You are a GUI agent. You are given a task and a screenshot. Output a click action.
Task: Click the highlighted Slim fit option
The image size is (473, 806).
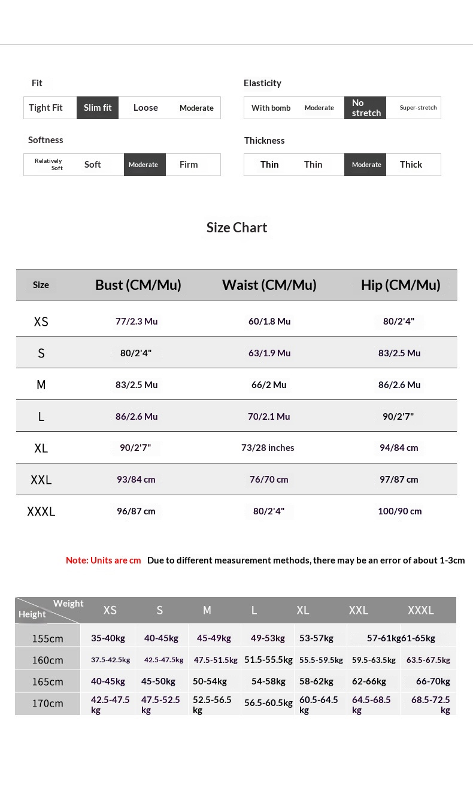[x=98, y=108]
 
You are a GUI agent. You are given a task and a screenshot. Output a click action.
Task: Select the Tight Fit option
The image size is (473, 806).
[x=46, y=108]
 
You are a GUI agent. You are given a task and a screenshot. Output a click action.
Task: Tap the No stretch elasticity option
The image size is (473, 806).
[x=365, y=108]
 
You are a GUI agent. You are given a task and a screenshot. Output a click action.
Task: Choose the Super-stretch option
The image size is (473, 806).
[x=418, y=108]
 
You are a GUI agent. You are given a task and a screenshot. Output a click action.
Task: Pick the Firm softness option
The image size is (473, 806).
[x=189, y=165]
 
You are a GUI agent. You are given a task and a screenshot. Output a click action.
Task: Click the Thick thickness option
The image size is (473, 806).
[x=411, y=165]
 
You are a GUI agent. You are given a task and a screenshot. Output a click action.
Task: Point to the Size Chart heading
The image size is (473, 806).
[x=236, y=228]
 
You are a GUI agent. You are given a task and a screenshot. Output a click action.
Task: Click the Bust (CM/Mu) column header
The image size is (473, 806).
[x=138, y=285]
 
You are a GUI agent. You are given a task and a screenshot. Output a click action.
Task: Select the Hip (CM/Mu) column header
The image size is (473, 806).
[x=401, y=285]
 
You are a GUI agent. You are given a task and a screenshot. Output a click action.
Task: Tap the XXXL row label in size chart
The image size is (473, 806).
[x=41, y=511]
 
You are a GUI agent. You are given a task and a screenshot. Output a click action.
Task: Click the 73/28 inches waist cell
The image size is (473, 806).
[x=268, y=448]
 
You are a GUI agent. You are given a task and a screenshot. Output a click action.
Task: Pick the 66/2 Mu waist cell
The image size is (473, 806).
[x=269, y=384]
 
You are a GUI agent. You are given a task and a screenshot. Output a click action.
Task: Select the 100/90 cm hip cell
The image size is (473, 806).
[x=399, y=511]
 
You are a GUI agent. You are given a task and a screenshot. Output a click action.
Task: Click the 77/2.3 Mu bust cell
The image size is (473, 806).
[x=137, y=322]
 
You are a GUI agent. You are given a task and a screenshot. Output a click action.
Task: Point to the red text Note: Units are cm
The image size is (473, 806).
[x=104, y=560]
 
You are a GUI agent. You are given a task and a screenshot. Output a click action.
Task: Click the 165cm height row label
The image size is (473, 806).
[x=47, y=681]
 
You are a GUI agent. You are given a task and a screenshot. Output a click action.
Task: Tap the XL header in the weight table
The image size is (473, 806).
[x=303, y=610]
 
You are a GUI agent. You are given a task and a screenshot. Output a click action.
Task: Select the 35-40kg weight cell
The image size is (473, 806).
[x=108, y=638]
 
